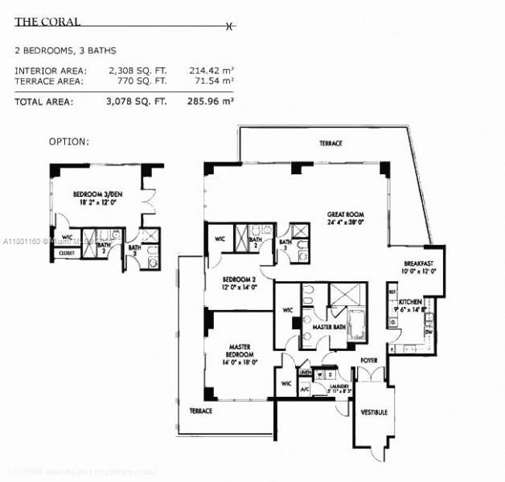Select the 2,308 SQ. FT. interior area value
(138, 71)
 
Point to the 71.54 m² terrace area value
(211, 80)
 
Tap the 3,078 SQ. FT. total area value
(138, 101)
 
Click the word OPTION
(69, 141)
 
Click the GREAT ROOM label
(346, 215)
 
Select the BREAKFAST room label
(419, 263)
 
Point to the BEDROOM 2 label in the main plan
(240, 280)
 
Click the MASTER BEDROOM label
(240, 349)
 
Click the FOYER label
(369, 361)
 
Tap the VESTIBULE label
(374, 412)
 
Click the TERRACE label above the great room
(331, 143)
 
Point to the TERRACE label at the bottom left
(200, 411)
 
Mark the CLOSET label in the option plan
(66, 252)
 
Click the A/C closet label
(305, 390)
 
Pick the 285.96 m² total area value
(211, 101)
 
